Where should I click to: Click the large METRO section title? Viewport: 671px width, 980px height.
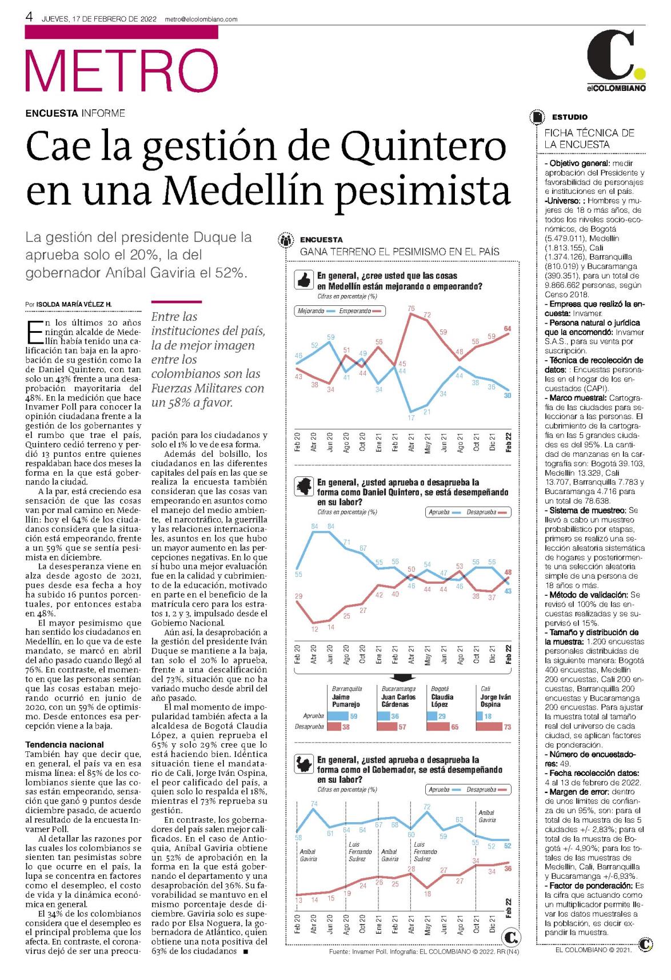[122, 70]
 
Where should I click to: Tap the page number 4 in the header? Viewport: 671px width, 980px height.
[29, 17]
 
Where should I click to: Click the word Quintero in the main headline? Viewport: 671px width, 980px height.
[424, 146]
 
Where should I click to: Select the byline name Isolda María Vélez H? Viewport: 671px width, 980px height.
[74, 305]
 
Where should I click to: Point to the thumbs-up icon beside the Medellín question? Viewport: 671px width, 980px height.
[303, 280]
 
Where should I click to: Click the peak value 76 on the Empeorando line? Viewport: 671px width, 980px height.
[411, 308]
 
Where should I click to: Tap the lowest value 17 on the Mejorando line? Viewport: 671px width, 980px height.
[411, 418]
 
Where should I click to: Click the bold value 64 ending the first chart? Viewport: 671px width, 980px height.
[508, 329]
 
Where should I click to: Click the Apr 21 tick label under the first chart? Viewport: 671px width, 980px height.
[411, 443]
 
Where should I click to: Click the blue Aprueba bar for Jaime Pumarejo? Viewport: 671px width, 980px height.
[338, 716]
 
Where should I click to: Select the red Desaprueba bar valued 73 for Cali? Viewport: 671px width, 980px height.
[489, 727]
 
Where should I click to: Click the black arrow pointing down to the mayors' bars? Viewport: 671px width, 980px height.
[403, 678]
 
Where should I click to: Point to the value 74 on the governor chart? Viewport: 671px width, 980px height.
[314, 804]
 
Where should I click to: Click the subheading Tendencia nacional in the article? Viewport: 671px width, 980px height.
[65, 744]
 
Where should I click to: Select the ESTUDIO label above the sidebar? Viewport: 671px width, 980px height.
[569, 117]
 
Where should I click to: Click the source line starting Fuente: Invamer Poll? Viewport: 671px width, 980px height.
[424, 951]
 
